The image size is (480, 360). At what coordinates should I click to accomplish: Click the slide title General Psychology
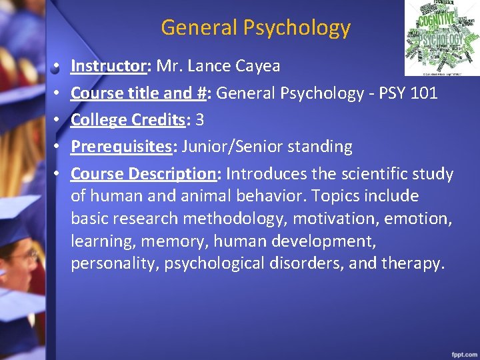(x=255, y=27)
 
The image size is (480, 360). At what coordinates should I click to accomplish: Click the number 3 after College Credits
(x=199, y=120)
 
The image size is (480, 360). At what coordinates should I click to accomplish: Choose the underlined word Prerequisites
(x=121, y=147)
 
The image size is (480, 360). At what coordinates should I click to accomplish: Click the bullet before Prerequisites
(x=58, y=147)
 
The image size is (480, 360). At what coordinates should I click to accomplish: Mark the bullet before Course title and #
(x=58, y=93)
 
